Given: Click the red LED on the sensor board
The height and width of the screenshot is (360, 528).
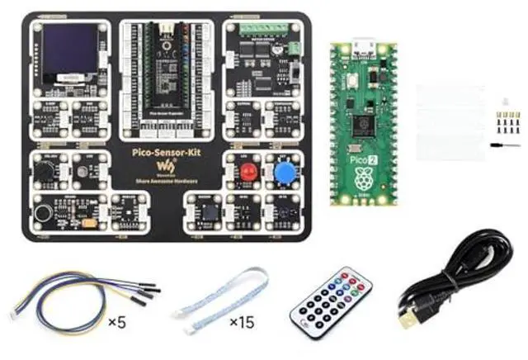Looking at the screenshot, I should point(247,173).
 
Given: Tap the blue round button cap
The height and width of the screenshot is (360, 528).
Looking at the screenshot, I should point(286,173).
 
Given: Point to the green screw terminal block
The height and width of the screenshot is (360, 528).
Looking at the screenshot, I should point(263,28).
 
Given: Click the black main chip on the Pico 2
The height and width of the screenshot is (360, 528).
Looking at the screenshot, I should point(361,123).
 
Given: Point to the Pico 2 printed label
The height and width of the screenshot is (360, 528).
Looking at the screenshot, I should point(361,154).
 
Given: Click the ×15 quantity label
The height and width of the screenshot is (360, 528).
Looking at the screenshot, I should point(241,320).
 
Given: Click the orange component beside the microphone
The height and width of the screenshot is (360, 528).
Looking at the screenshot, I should point(87,221).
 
